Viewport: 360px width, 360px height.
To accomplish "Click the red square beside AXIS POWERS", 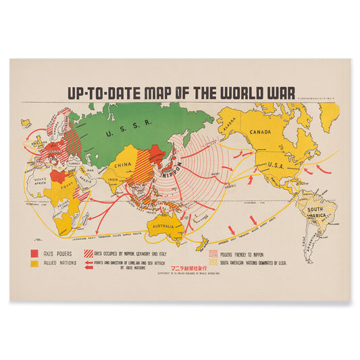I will pyautogui.click(x=33, y=253).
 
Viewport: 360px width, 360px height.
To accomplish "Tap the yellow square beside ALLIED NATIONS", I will pyautogui.click(x=33, y=263).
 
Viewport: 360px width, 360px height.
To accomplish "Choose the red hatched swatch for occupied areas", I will pyautogui.click(x=88, y=253).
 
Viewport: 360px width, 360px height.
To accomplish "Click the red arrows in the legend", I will pyautogui.click(x=88, y=264).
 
